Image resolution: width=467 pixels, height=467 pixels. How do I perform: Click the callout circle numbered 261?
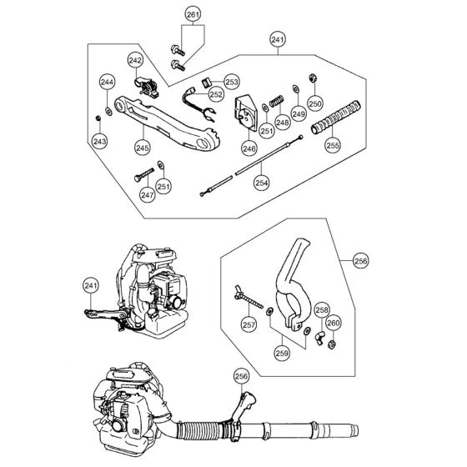pyautogui.click(x=193, y=15)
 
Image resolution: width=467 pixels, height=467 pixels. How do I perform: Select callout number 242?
pyautogui.click(x=135, y=60)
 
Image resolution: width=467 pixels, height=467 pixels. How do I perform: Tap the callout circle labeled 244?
pyautogui.click(x=107, y=83)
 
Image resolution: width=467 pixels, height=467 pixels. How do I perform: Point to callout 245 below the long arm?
pyautogui.click(x=143, y=148)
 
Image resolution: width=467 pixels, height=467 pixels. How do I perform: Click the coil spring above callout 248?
pyautogui.click(x=276, y=102)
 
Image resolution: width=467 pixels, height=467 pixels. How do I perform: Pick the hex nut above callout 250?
pyautogui.click(x=313, y=78)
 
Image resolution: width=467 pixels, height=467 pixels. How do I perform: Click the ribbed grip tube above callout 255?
pyautogui.click(x=335, y=118)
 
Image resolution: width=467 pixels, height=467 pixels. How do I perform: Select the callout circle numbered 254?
pyautogui.click(x=262, y=183)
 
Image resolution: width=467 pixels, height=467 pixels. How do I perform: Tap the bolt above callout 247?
pyautogui.click(x=144, y=175)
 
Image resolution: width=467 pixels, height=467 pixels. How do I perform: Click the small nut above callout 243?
pyautogui.click(x=98, y=118)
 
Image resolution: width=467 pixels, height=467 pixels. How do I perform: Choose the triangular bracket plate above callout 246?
pyautogui.click(x=246, y=113)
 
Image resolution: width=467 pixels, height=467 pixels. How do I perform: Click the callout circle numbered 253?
pyautogui.click(x=232, y=82)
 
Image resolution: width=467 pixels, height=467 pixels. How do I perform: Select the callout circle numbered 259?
pyautogui.click(x=282, y=354)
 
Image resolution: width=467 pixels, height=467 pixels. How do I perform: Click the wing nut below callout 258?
pyautogui.click(x=319, y=338)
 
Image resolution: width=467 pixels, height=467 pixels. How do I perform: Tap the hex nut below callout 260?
pyautogui.click(x=332, y=344)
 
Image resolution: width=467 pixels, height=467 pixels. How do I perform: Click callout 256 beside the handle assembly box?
pyautogui.click(x=361, y=261)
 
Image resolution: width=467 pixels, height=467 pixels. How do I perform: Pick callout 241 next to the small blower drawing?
pyautogui.click(x=91, y=286)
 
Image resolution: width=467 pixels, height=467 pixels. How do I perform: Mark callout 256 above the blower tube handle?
pyautogui.click(x=241, y=376)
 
